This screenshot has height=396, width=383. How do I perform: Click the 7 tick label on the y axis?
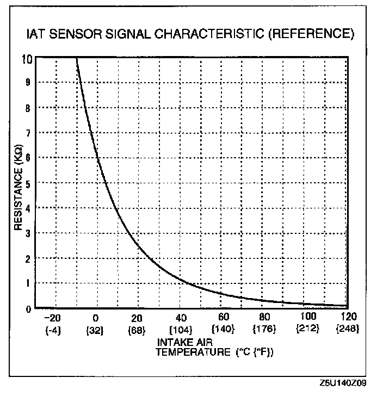(x=28, y=133)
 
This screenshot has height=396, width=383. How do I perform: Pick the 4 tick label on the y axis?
(x=28, y=208)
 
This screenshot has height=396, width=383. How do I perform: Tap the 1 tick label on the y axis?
(x=28, y=283)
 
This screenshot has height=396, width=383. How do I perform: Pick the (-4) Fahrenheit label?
(x=53, y=330)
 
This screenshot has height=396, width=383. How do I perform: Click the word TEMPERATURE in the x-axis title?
(x=193, y=352)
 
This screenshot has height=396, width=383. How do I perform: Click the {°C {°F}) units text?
(x=255, y=352)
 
